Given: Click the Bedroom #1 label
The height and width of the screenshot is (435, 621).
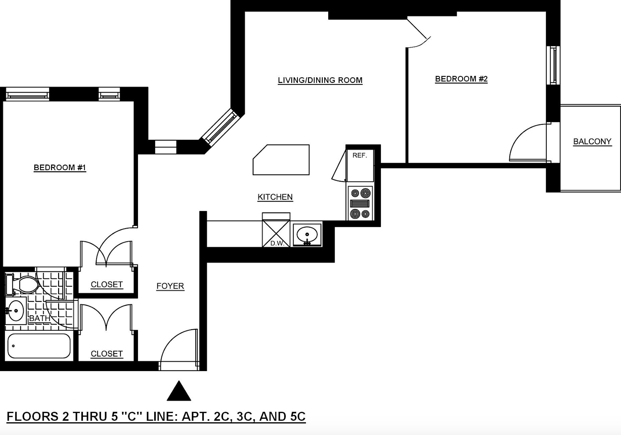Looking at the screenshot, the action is pos(60,168).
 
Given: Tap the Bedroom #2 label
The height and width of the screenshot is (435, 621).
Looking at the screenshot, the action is pos(461,79).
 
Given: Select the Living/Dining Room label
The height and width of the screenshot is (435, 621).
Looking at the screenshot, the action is pos(320,80).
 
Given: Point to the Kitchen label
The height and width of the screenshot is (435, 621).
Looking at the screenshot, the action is pos(275,197).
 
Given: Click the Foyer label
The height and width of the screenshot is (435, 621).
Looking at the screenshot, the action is pos(170,286).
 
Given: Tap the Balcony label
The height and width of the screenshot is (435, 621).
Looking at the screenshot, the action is pos(592,142).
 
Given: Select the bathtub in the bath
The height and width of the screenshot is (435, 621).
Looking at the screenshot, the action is pos(39,346).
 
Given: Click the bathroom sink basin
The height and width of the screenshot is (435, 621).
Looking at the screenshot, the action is pos(15,311).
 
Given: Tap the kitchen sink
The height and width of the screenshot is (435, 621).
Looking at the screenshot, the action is pos(307,235).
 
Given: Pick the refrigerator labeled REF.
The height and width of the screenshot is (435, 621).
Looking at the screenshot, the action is pos(360,165).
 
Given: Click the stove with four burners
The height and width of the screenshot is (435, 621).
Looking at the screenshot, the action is pos(360,203).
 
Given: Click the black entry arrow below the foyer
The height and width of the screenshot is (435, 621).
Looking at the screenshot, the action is pos(179,391).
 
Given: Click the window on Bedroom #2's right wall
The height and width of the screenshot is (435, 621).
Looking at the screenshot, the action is pos(553,65).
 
